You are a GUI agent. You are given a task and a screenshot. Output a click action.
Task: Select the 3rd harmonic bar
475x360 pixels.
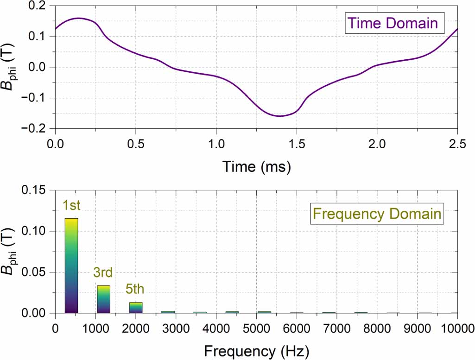click(103, 299)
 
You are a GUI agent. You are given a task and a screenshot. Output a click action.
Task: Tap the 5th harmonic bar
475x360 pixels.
click(136, 308)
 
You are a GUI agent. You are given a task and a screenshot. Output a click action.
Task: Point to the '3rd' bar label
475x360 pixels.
click(103, 273)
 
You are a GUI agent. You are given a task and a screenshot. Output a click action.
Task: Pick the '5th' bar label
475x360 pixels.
click(135, 290)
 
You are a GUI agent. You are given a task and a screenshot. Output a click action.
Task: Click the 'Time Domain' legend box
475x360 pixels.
click(393, 23)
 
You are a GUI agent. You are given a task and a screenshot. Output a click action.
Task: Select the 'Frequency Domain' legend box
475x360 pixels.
click(377, 214)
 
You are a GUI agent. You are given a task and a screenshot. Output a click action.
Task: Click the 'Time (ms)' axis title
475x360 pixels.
click(256, 166)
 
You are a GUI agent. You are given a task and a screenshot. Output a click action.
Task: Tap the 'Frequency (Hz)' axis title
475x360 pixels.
click(256, 348)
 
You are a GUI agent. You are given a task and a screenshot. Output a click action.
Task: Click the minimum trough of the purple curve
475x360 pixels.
click(280, 116)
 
